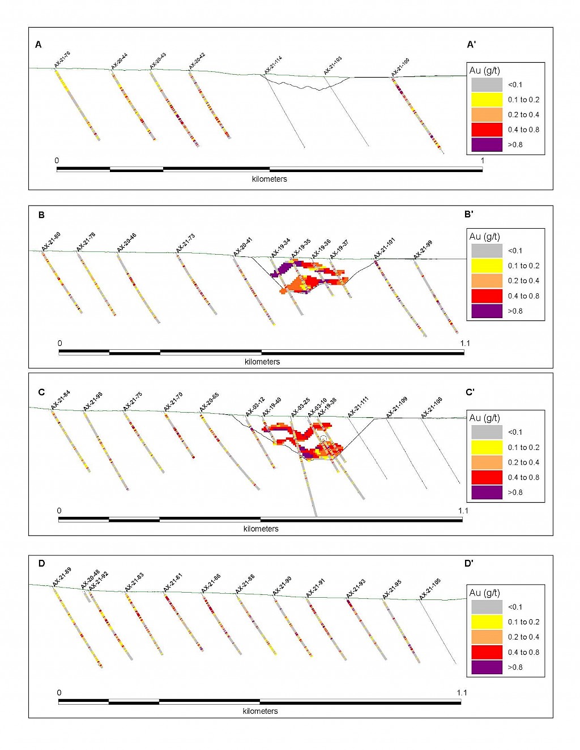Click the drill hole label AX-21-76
[x=62, y=59]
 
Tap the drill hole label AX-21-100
[x=400, y=67]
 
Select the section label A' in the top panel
[x=471, y=45]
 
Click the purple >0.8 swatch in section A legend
[x=487, y=144]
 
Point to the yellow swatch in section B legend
[x=487, y=265]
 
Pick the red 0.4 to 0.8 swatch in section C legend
[x=487, y=477]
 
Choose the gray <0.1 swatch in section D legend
[x=487, y=607]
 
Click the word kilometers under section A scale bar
[x=270, y=179]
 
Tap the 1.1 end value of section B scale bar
[x=465, y=343]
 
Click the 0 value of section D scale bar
[x=59, y=692]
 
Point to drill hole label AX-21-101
[x=385, y=248]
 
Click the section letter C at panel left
[x=41, y=392]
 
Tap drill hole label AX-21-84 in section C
[x=61, y=399]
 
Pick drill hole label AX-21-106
[x=432, y=408]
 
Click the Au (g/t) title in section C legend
[x=484, y=418]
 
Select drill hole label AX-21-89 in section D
[x=62, y=577]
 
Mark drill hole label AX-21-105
[x=430, y=589]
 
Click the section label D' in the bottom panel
[x=469, y=563]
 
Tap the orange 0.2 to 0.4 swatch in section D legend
[x=487, y=637]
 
